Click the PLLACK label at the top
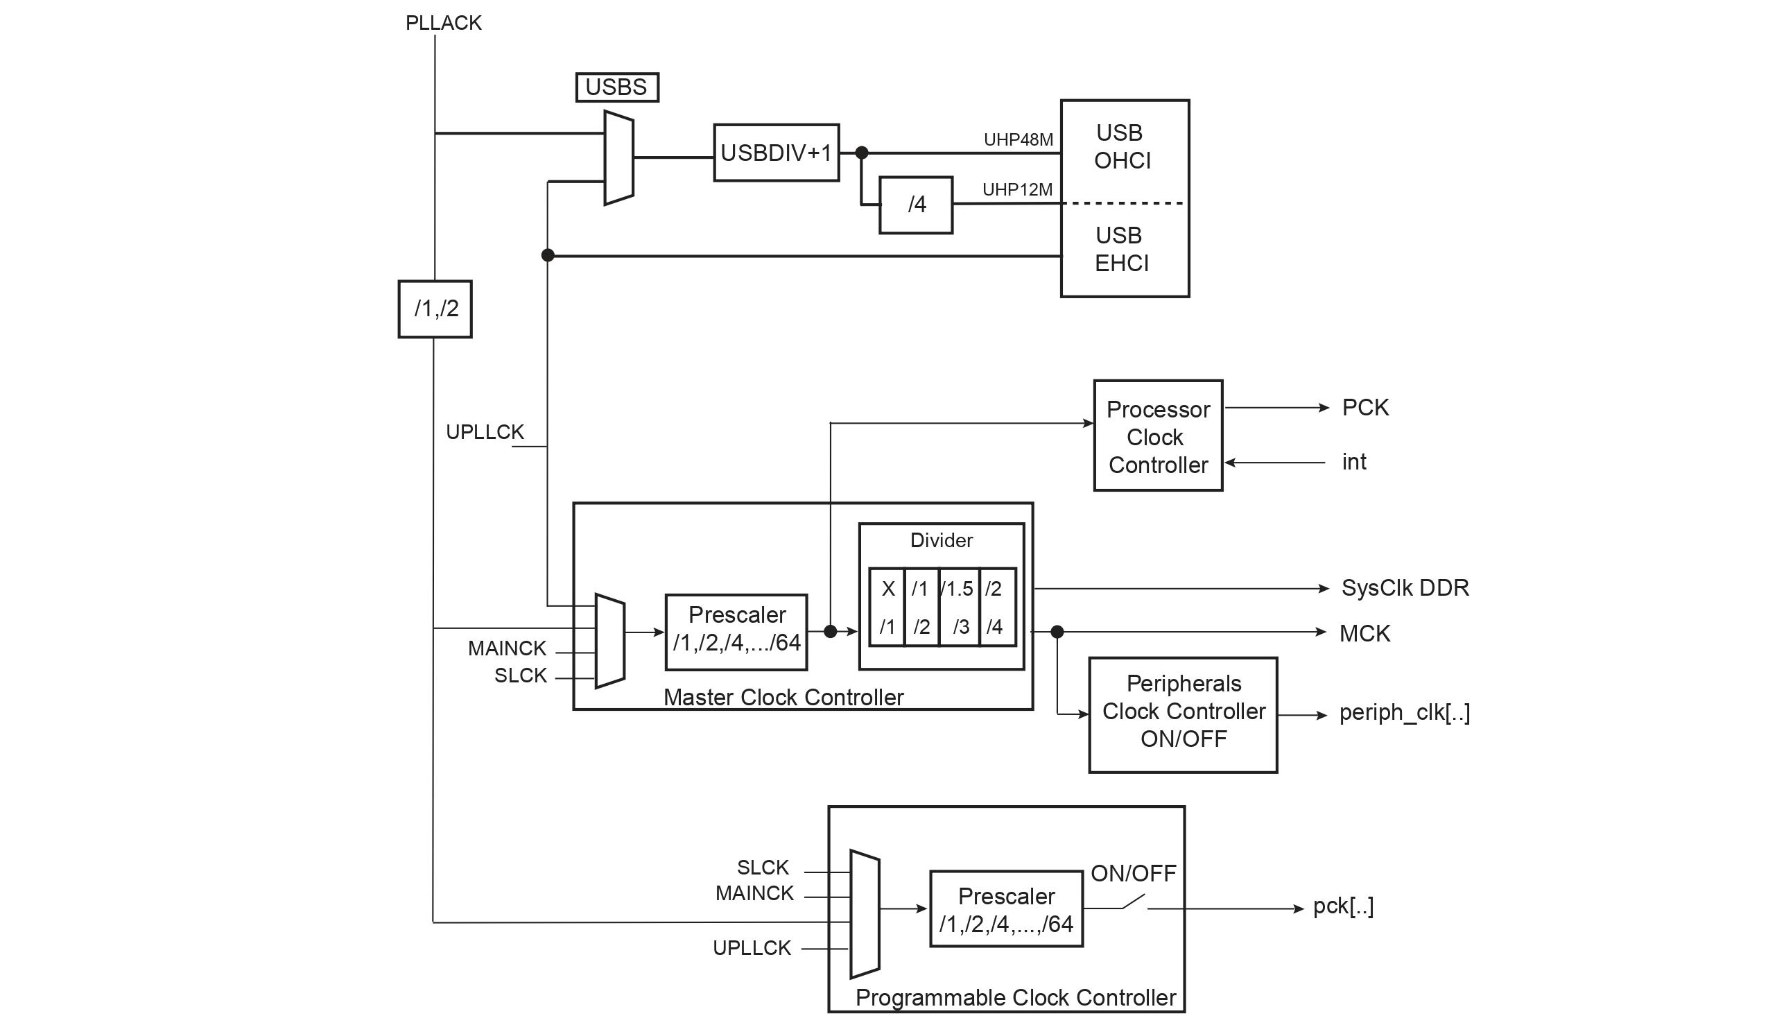click(x=444, y=23)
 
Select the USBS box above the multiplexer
click(x=616, y=87)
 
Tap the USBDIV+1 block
click(x=776, y=153)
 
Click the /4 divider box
click(x=916, y=205)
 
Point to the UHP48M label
click(x=1018, y=139)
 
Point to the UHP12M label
click(x=1017, y=189)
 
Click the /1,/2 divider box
click(x=435, y=309)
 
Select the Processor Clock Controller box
click(x=1158, y=436)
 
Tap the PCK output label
click(x=1364, y=408)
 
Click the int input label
click(x=1353, y=462)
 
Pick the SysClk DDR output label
click(x=1405, y=588)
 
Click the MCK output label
click(x=1364, y=634)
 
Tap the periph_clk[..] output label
click(x=1404, y=713)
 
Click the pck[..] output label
click(x=1343, y=906)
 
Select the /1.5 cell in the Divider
click(x=958, y=589)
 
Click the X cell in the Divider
click(x=888, y=589)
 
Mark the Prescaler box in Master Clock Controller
click(x=736, y=632)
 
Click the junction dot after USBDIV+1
click(x=862, y=153)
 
